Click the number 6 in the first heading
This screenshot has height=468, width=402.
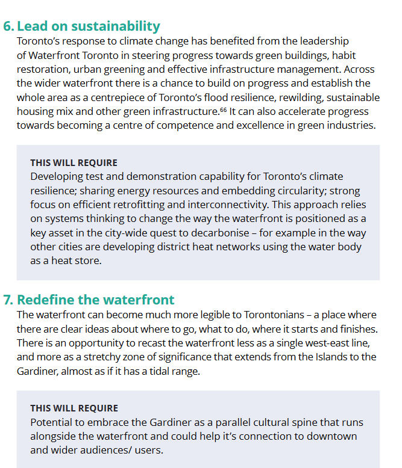(x=7, y=26)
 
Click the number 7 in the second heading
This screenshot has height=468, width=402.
(x=7, y=300)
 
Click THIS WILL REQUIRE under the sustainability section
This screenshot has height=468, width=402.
(x=74, y=163)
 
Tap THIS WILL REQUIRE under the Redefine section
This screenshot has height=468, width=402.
(x=74, y=408)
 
